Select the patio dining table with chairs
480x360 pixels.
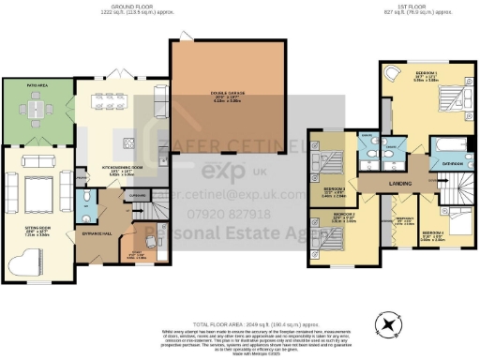click(36, 111)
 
